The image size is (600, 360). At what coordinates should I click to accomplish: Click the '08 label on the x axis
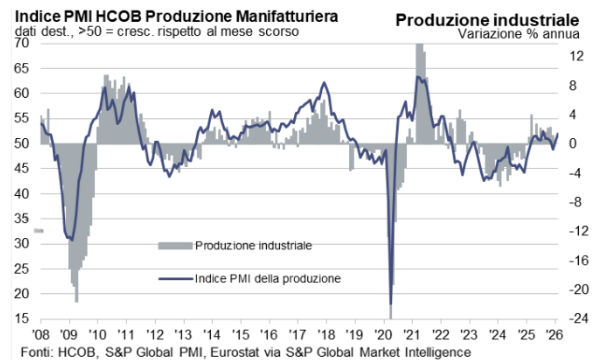(41, 335)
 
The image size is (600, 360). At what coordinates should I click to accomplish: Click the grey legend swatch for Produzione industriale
(175, 245)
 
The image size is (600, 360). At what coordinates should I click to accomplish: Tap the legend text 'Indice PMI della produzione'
(268, 277)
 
